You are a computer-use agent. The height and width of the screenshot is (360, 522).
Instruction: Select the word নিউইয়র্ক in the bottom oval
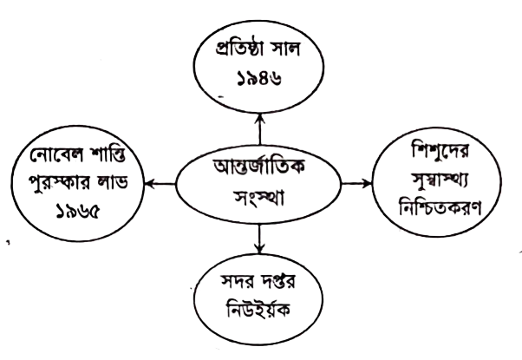click(258, 309)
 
